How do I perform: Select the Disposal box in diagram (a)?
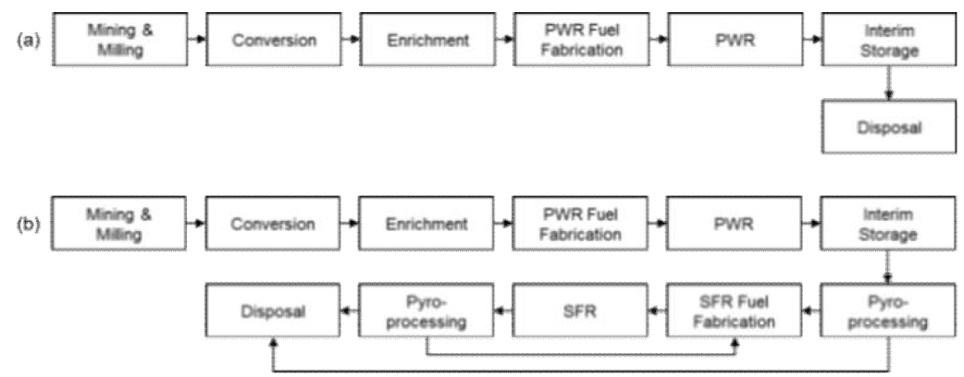pyautogui.click(x=887, y=129)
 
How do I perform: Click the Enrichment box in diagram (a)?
pyautogui.click(x=426, y=42)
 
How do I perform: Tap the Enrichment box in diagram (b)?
pyautogui.click(x=426, y=225)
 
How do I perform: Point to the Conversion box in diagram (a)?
pyautogui.click(x=272, y=42)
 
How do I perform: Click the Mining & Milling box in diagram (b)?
pyautogui.click(x=117, y=225)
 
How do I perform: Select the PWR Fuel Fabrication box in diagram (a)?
pyautogui.click(x=579, y=42)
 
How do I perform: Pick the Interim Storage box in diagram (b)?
pyautogui.click(x=887, y=225)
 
